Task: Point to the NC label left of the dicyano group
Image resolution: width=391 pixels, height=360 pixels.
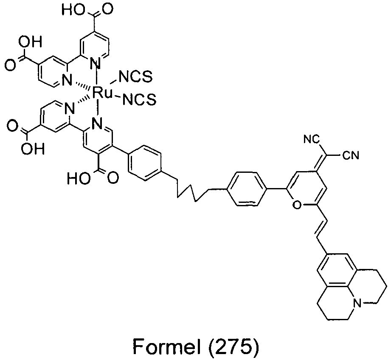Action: pyautogui.click(x=312, y=139)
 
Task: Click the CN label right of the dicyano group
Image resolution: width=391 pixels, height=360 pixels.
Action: pyautogui.click(x=351, y=156)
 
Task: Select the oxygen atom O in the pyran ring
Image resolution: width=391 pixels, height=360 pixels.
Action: pyautogui.click(x=296, y=205)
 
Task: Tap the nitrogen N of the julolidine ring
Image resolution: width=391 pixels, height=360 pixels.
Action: pyautogui.click(x=357, y=303)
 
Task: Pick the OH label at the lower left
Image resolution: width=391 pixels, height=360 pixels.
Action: pyautogui.click(x=32, y=149)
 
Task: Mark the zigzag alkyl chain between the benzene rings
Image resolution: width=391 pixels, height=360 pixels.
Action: pyautogui.click(x=192, y=188)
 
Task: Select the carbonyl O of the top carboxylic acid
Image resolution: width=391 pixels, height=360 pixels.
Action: pyautogui.click(x=108, y=9)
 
